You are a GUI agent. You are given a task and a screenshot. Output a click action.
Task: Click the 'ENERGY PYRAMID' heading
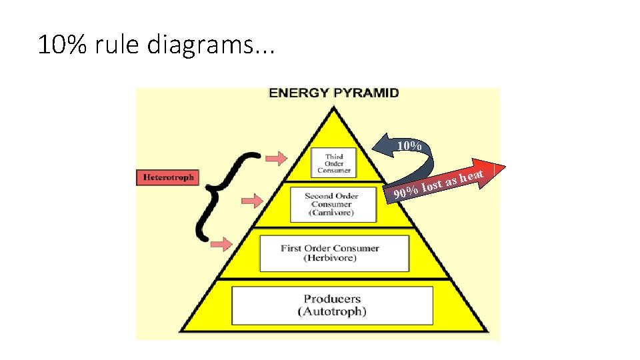tap(333, 93)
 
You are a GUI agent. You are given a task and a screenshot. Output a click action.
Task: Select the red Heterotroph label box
tap(168, 177)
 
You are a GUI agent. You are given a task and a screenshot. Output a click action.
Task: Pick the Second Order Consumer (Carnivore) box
tap(331, 204)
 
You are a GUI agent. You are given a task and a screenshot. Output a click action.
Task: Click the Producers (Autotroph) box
tap(331, 305)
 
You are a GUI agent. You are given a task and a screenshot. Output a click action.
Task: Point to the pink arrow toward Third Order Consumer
tap(275, 158)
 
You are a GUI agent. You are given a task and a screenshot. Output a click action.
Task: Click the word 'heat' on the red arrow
tap(471, 175)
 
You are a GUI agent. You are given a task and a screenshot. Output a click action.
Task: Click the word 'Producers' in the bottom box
tap(331, 299)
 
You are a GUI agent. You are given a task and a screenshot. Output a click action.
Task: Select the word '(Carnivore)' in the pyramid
tap(331, 213)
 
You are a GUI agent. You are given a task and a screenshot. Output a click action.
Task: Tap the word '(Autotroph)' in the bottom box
tap(331, 311)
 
